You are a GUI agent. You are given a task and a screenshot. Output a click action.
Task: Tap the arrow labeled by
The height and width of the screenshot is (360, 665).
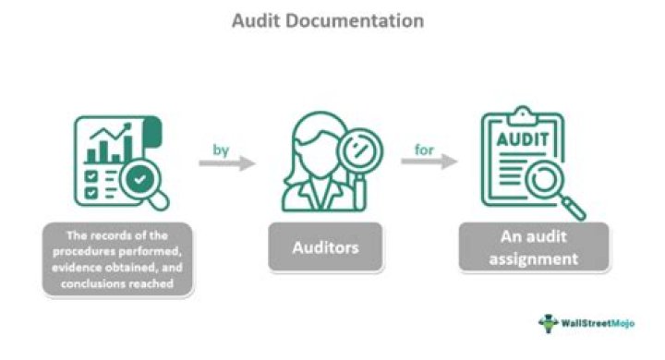(x=226, y=162)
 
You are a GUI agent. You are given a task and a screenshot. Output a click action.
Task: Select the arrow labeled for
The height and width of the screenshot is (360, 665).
(x=429, y=162)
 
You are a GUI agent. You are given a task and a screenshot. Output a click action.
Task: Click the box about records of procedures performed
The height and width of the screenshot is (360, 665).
(x=117, y=258)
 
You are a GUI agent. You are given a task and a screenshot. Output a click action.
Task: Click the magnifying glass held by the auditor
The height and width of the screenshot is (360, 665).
(x=358, y=148)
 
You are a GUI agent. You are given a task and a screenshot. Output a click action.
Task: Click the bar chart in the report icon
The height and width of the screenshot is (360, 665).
(x=105, y=148)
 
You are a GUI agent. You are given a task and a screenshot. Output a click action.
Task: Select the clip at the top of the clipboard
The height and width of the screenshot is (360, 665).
(x=524, y=114)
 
